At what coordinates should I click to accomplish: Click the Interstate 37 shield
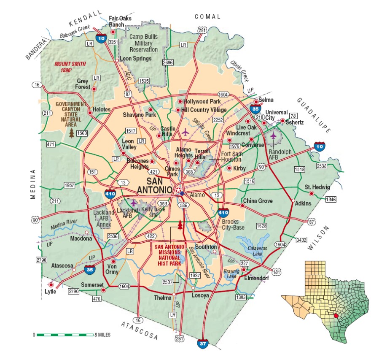(203, 344)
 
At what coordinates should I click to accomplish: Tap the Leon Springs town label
(135, 59)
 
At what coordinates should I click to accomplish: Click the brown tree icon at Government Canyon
(72, 133)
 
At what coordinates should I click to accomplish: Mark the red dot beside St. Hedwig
(312, 194)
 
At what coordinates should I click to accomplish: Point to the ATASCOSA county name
(139, 330)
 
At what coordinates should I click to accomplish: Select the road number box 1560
(82, 133)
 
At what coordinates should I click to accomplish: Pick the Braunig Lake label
(230, 273)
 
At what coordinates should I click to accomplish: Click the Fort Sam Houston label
(231, 157)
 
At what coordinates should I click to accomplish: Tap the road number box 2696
(168, 62)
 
